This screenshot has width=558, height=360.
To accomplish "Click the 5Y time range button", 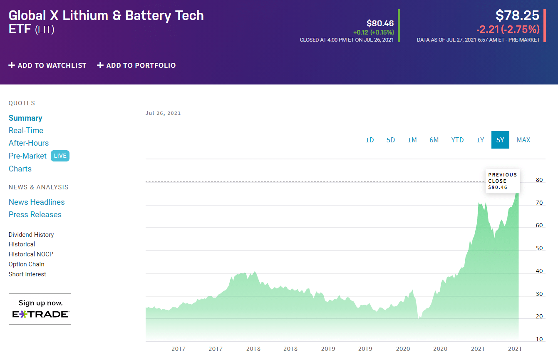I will coord(500,140).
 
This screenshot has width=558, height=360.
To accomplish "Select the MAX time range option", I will coord(523,140).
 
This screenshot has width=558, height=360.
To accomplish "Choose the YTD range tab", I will coord(457,140).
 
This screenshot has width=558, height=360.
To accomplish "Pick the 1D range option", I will coord(370,140).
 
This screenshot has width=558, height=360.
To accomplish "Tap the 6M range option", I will coord(434,140).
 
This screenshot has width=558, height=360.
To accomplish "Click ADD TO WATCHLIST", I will coord(47,65).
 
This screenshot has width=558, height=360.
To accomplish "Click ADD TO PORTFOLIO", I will coord(136,65).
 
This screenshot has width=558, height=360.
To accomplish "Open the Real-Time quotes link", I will coord(26,131).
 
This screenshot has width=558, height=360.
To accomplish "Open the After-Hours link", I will coord(29,143).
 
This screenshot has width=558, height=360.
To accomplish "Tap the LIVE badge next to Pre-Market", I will coord(60,156).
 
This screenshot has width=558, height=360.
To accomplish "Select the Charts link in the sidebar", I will coord(20,169).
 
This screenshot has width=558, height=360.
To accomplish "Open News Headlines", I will coord(37,202).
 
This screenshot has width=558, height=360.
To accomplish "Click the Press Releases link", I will coord(35,215).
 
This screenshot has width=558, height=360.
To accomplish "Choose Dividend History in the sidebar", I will coord(31,235).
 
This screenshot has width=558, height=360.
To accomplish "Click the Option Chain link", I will coord(26,264).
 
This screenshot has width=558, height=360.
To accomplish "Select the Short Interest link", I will coord(27,274).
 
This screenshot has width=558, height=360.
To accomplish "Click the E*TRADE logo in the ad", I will coord(40,314).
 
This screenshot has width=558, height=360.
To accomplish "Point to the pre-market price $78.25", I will coord(517,15).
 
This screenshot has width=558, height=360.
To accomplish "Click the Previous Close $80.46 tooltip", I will coord(503,181).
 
